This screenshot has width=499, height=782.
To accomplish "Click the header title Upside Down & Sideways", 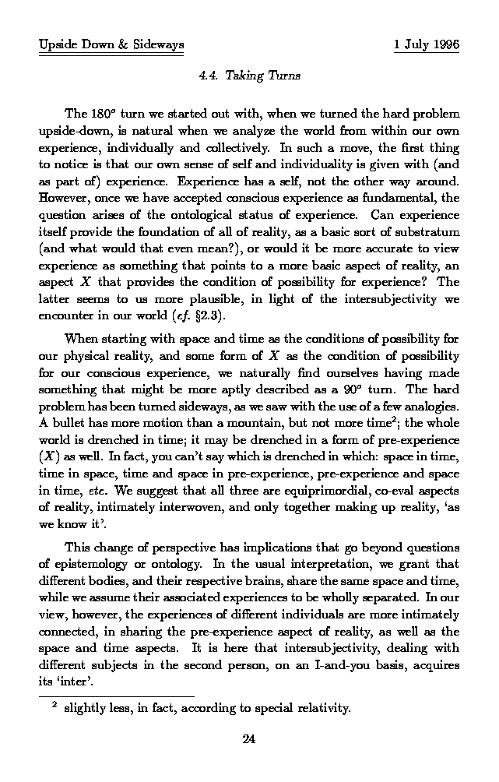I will click(x=111, y=45).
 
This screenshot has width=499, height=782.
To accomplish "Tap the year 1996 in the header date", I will click(x=444, y=45).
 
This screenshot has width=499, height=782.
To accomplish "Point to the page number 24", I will click(x=249, y=739).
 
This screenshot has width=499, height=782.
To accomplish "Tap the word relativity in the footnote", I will click(x=322, y=709).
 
